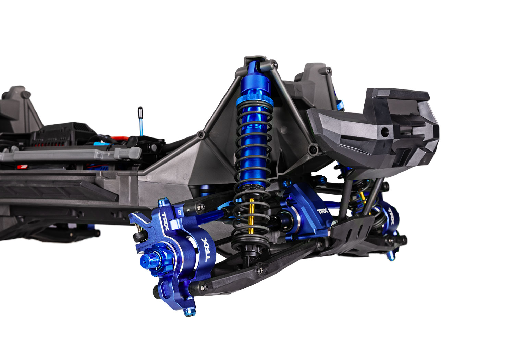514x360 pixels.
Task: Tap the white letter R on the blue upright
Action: point(180,213)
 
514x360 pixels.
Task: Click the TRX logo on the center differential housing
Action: point(322,211)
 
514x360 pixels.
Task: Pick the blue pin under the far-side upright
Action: point(391,255)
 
